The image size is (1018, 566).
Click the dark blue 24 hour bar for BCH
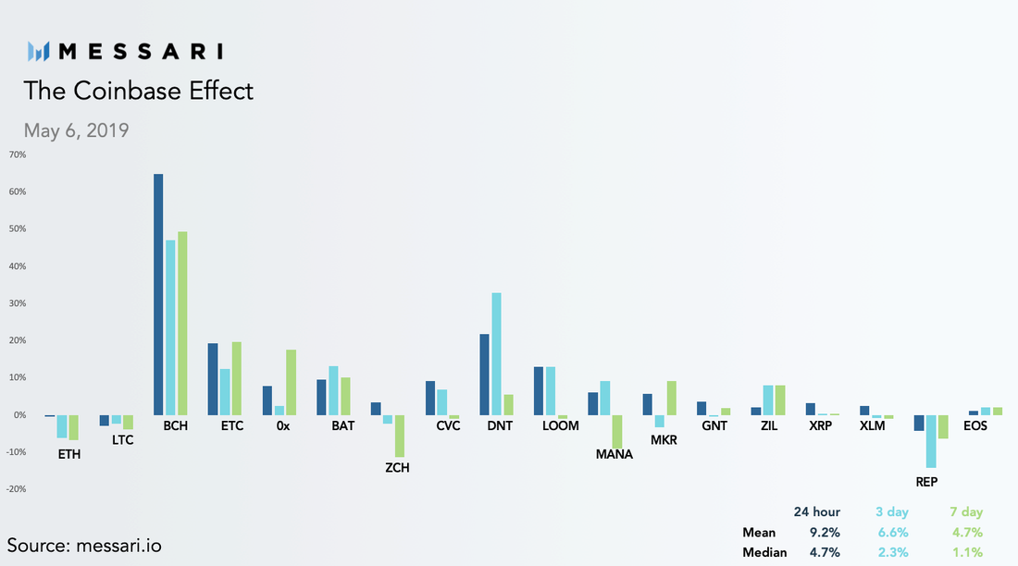(158, 295)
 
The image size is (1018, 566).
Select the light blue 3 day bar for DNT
(496, 354)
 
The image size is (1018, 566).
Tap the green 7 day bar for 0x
(291, 382)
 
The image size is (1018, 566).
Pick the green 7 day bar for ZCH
(399, 437)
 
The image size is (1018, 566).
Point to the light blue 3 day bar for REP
(931, 441)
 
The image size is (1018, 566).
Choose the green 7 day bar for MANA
(616, 432)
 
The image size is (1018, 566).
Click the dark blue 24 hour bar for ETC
(213, 379)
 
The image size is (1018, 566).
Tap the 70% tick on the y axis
(18, 154)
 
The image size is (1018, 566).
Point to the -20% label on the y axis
(17, 488)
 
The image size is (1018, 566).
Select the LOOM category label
(560, 425)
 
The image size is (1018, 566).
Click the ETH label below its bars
(69, 454)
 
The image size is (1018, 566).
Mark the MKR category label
(664, 440)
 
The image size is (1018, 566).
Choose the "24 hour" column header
(817, 511)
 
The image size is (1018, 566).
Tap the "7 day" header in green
(966, 511)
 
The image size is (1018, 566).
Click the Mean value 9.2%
(825, 533)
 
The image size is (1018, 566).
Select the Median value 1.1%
(967, 552)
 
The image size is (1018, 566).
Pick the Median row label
(764, 552)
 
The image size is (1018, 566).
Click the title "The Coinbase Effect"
(138, 91)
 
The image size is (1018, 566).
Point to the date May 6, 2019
(76, 130)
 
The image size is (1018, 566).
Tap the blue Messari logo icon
(38, 51)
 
